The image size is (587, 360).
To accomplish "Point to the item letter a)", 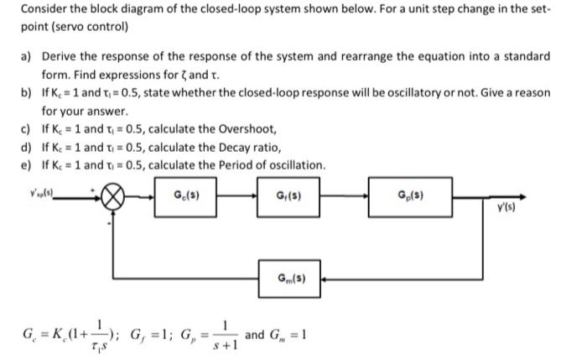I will tap(25, 56).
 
